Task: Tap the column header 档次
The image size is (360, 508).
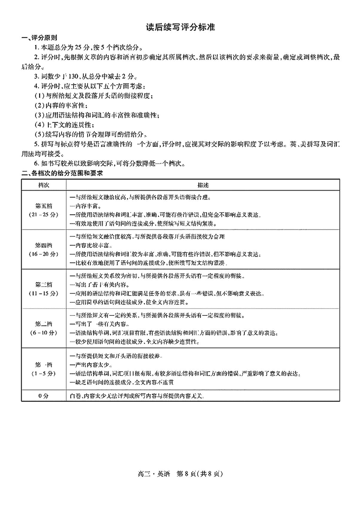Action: point(44,185)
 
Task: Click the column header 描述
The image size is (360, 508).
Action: point(202,185)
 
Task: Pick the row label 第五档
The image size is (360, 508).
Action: point(44,206)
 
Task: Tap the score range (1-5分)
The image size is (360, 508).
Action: point(44,373)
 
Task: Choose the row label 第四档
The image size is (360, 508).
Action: point(44,245)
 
